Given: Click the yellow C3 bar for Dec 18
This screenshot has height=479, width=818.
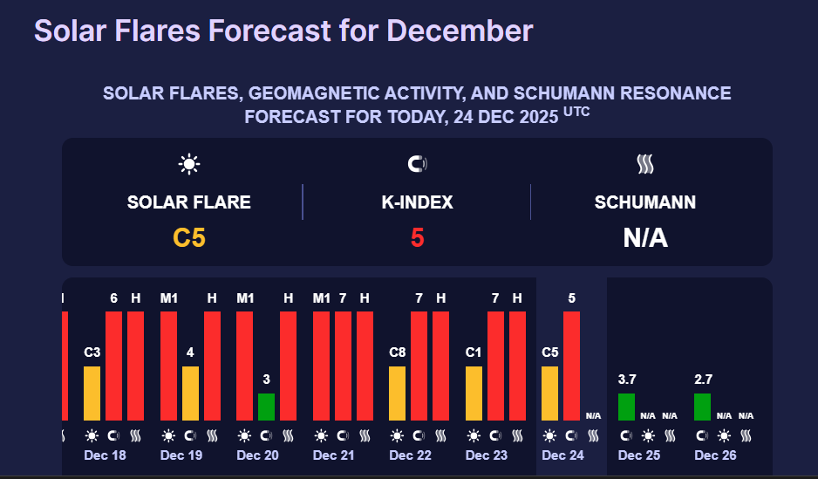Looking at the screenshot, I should coord(92,393).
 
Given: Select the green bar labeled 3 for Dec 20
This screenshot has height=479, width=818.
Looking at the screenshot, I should coord(266,407).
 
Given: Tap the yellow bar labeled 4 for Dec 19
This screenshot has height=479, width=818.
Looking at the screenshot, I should coord(190,393).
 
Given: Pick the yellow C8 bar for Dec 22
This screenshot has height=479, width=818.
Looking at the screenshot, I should coord(397,393).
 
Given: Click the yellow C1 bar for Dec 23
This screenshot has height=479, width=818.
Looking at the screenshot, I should coord(474,393).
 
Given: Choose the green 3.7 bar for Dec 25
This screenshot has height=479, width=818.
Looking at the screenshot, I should coord(626,407).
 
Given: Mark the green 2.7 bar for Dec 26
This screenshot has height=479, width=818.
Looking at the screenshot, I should coord(702,407).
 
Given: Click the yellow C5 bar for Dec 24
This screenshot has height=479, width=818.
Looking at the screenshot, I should coord(549,393).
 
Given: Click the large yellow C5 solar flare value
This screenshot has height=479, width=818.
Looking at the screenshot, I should coord(189,236).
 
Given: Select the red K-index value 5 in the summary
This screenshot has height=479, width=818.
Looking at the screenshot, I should coord(417,236).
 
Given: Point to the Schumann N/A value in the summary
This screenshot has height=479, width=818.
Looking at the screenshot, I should coord(645,236).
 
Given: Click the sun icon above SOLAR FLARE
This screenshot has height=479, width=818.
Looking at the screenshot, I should coord(189,164).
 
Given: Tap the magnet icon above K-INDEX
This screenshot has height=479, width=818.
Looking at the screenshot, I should coord(417,164).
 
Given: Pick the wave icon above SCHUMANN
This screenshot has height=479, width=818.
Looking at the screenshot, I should coord(645,164).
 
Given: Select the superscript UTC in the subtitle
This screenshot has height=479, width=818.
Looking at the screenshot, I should coord(576,112).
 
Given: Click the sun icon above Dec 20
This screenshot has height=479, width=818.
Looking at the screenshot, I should coord(244,435).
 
